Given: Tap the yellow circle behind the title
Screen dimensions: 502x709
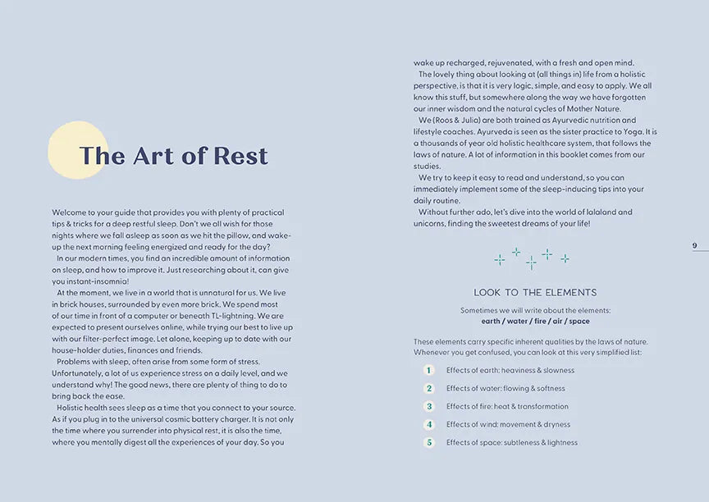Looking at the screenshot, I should pos(66,148).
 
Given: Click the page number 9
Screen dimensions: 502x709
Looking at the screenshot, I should pos(694,245).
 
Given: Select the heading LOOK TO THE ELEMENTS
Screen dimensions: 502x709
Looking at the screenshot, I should pos(535,293).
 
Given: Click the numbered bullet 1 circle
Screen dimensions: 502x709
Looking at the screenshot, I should pos(428,370).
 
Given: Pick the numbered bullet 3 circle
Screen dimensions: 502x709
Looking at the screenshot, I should pos(428,406).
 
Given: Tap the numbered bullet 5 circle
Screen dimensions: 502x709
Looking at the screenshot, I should pos(428,442).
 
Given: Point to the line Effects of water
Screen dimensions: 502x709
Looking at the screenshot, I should pos(505,388).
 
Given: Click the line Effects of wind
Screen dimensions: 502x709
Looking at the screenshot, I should pos(508,424).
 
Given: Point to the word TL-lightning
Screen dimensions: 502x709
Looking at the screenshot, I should pos(229,315).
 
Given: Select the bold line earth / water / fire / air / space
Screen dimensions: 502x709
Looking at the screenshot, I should pos(535,322).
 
